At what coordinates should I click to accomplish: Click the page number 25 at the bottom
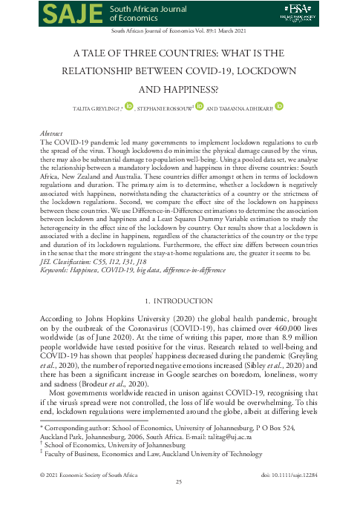(x=179, y=503)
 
